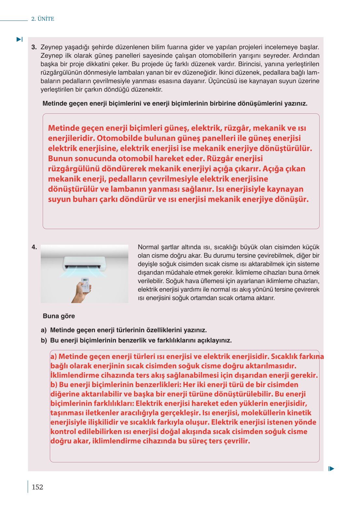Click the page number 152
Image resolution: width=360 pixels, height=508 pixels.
tap(37, 487)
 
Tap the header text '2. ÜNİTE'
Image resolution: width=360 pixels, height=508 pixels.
tap(43, 19)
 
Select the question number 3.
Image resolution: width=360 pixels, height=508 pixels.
tap(34, 47)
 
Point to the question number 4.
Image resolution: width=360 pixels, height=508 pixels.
tap(34, 247)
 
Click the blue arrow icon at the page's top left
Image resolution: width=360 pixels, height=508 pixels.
tap(20, 39)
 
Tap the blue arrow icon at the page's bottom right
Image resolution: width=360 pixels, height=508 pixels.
tap(331, 469)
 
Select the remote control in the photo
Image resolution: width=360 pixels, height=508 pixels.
tap(85, 284)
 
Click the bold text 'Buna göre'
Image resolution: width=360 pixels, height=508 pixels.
tap(59, 316)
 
